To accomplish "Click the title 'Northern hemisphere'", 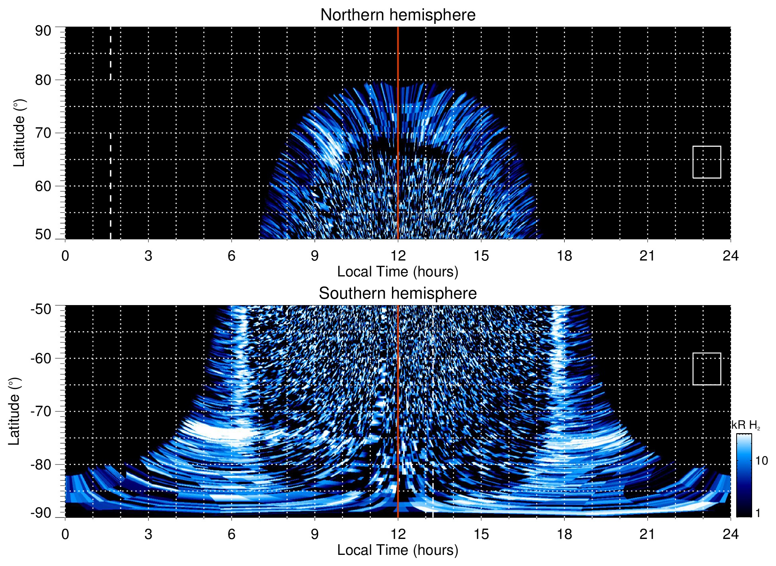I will (398, 15).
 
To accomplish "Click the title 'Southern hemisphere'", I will (398, 294).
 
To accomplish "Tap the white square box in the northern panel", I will (706, 162).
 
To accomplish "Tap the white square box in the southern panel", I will (706, 369).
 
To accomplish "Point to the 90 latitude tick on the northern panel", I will (43, 31).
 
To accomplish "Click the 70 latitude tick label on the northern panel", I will (43, 133).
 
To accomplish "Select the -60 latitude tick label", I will (41, 358).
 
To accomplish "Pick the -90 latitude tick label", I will (41, 513).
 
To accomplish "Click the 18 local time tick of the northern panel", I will (564, 256).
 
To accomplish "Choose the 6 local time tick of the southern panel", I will (232, 534).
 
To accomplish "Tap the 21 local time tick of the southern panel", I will (647, 534).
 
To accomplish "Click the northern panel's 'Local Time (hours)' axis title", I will (398, 272).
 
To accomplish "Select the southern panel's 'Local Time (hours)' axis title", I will (398, 550).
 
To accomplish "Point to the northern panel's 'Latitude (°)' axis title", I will (19, 133).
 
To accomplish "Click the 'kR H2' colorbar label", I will (745, 425).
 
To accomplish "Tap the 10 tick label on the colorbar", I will (761, 461).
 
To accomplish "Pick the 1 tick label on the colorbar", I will (758, 513).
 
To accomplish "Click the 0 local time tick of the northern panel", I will (65, 256).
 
